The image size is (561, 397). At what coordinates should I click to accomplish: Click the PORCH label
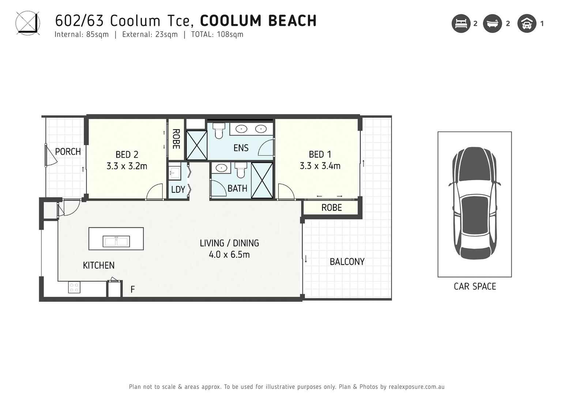68,151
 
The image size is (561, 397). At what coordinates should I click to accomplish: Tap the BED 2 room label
127,154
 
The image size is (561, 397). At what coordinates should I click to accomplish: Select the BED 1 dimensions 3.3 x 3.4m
320,166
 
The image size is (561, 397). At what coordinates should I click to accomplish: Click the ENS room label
241,148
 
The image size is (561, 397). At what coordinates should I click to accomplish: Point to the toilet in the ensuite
219,131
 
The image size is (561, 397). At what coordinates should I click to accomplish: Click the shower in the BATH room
262,180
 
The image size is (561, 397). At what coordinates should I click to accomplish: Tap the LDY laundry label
178,190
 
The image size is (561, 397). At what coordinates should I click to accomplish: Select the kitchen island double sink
116,241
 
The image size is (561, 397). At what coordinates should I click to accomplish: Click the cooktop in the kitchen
74,287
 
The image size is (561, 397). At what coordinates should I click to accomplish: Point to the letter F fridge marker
133,290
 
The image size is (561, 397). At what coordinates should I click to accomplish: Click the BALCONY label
347,262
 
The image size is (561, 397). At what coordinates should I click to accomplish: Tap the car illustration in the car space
474,203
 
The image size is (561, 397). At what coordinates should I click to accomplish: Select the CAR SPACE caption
475,286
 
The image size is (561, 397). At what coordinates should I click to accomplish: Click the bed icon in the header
461,24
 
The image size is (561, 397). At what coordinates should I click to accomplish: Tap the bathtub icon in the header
492,24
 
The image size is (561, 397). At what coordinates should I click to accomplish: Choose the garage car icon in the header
527,24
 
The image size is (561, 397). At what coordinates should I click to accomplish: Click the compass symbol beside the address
27,23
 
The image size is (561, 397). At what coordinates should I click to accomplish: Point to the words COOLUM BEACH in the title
258,21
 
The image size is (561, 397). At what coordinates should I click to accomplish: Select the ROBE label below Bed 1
331,208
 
